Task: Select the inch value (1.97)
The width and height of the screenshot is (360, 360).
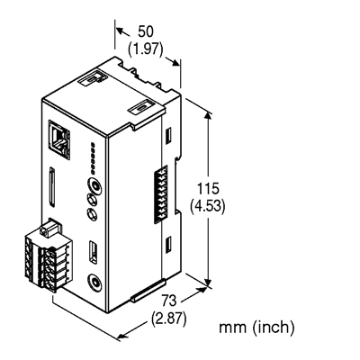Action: pos(146,49)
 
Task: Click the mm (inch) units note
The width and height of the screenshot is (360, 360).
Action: pos(256,325)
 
